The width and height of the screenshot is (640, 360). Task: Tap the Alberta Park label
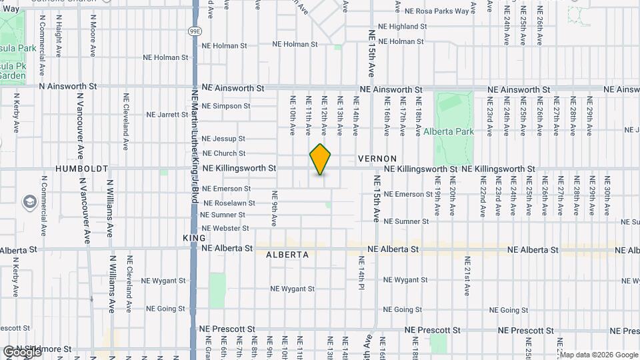click(449, 131)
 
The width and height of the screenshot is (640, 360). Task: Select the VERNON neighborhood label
click(377, 159)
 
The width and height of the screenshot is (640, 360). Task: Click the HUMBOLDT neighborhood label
click(82, 169)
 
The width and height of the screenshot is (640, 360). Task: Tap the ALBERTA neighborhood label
click(287, 255)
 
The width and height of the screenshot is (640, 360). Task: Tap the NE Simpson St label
click(226, 106)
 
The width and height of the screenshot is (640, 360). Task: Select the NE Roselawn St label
click(229, 203)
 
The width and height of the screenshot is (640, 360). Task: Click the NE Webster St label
click(225, 228)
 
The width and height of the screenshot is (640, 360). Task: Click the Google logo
click(21, 351)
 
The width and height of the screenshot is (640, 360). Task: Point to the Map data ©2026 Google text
click(598, 355)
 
